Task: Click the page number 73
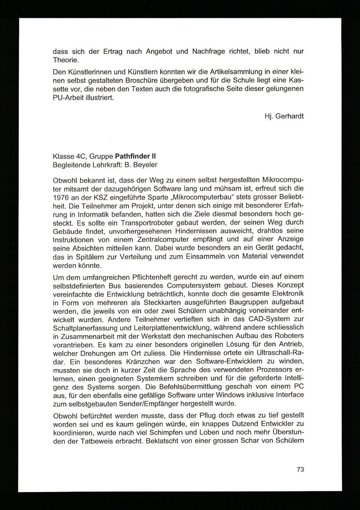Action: point(301,469)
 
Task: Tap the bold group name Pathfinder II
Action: point(135,156)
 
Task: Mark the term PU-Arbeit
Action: point(68,97)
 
